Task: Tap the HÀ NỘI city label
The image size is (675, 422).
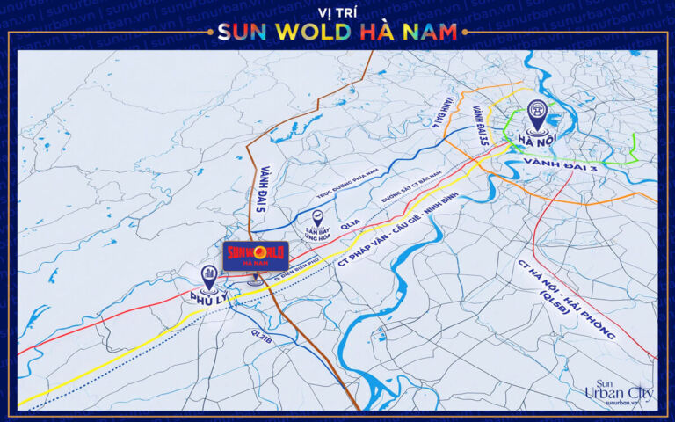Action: point(536,140)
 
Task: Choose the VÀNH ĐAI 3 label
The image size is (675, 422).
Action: point(560,163)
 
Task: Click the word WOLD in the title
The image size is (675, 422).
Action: point(303,33)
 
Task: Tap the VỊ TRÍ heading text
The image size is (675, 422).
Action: point(337,11)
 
